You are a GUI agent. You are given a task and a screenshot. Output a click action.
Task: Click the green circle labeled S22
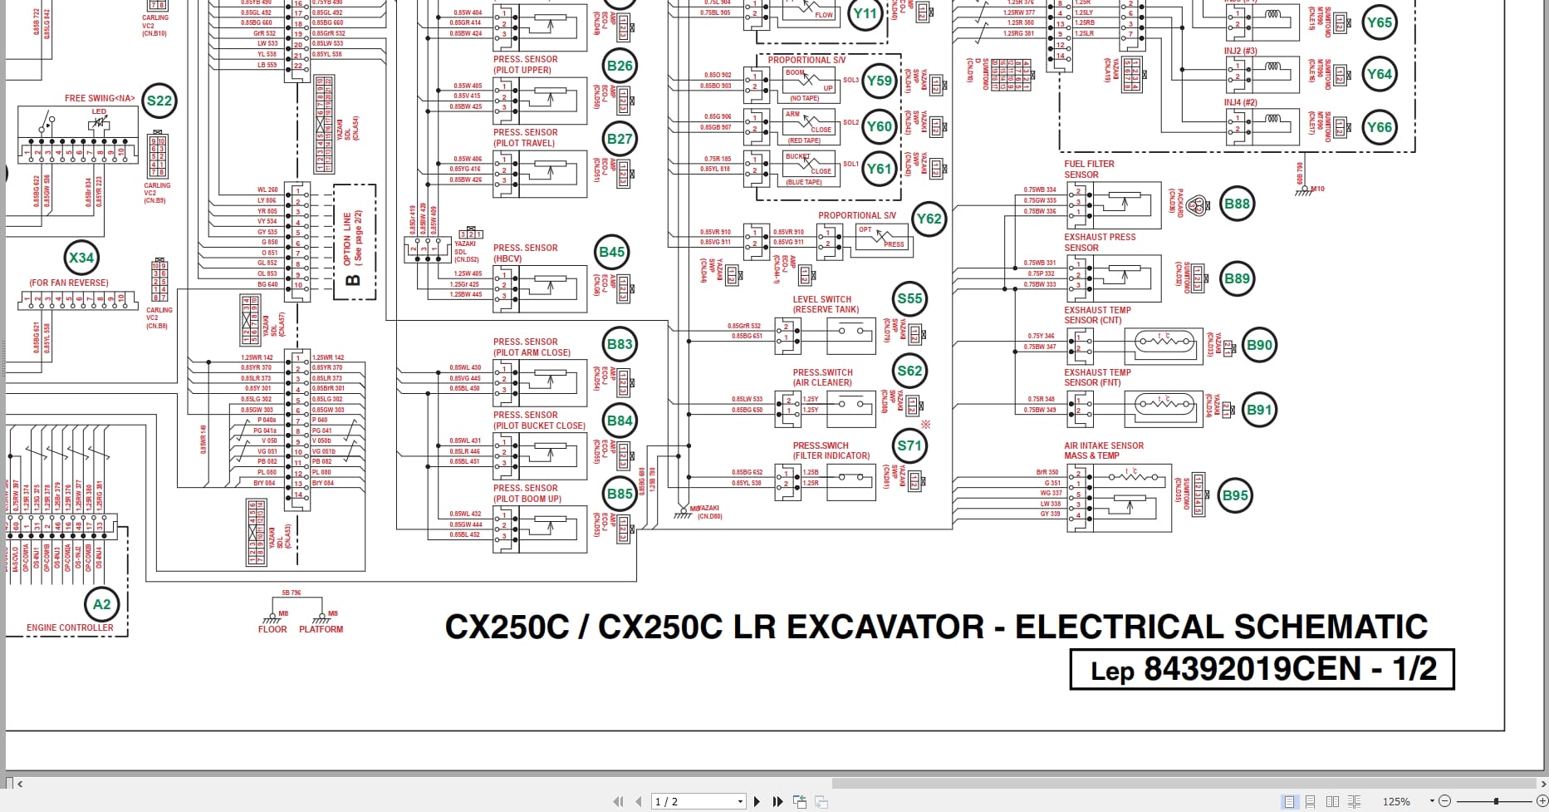pos(159,101)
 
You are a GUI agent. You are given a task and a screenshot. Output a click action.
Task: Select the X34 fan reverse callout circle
pos(81,258)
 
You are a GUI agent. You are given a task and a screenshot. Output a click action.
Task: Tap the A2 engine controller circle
pos(101,604)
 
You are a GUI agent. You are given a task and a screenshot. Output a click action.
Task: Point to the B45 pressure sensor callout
pos(611,252)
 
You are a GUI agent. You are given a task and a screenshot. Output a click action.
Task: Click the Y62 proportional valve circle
pos(929,219)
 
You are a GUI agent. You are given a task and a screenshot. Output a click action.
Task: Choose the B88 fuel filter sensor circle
pos(1237,204)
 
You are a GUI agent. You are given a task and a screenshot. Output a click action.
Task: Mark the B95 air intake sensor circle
pos(1235,496)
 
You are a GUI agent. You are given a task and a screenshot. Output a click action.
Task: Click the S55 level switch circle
pos(909,298)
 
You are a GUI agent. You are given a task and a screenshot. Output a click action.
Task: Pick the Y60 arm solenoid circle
pos(879,126)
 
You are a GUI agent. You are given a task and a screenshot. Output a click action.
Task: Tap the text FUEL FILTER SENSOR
pos(1089,170)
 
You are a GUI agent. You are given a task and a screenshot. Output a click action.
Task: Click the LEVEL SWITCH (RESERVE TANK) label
pos(825,304)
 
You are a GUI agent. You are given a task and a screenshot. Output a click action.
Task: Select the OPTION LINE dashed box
pos(354,242)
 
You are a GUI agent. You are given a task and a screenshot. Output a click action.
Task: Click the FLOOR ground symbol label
pos(272,629)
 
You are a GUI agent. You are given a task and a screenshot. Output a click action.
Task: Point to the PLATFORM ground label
pos(321,629)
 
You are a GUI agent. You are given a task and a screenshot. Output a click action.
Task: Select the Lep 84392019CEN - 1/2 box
pos(1262,669)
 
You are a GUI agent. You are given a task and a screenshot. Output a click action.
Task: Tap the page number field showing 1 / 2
pos(696,801)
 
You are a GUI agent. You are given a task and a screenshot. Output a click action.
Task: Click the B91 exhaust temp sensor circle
pos(1259,410)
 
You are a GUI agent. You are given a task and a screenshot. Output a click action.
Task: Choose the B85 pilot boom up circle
pos(620,494)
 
